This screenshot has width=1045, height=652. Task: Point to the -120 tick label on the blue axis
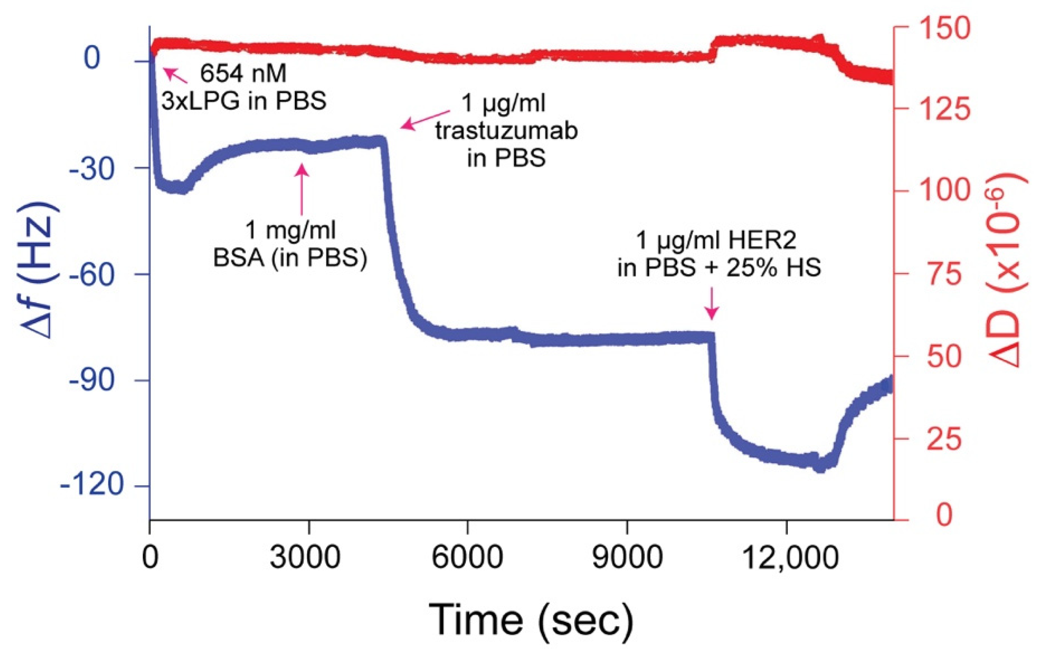pos(92,485)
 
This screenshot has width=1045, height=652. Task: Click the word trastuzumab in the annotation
pos(507,131)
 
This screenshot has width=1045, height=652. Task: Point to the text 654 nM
pos(243,74)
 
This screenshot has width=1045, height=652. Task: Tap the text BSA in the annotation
pos(239,258)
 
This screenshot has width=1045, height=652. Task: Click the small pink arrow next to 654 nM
pos(175,75)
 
